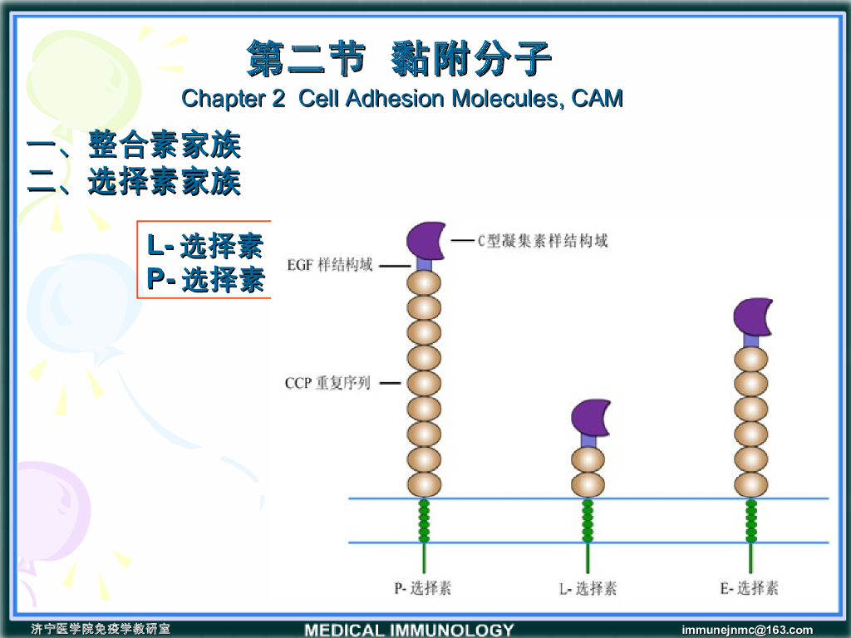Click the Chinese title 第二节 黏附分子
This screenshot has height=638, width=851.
(400, 59)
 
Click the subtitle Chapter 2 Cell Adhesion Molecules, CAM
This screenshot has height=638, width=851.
(402, 99)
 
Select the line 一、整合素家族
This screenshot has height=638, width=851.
(134, 147)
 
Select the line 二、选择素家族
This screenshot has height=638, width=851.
(134, 182)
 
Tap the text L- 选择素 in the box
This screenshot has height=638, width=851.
(205, 246)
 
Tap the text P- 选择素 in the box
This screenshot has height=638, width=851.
(205, 280)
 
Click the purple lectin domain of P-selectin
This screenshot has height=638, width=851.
(425, 239)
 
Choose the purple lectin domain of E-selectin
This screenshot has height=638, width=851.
(753, 317)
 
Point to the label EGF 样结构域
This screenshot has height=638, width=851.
(330, 267)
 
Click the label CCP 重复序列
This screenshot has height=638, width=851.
(327, 384)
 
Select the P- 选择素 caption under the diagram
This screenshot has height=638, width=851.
(423, 588)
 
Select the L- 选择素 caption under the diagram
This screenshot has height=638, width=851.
(588, 588)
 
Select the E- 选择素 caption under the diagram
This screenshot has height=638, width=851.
(750, 588)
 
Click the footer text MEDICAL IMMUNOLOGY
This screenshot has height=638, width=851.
(409, 630)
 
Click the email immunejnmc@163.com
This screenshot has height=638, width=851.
(746, 630)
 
